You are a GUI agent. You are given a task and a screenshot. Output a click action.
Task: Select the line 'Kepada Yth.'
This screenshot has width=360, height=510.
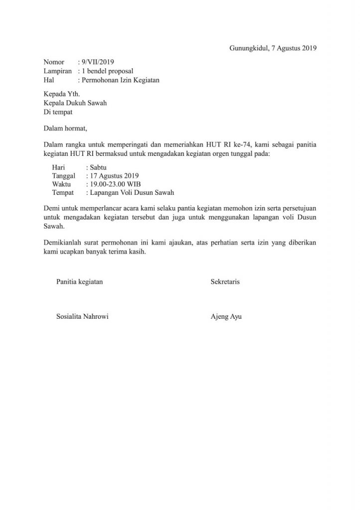click(x=61, y=94)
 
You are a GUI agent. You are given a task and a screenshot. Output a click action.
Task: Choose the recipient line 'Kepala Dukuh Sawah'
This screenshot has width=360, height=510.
click(x=75, y=103)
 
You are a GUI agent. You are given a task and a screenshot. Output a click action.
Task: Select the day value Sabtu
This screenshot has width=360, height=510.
click(x=95, y=167)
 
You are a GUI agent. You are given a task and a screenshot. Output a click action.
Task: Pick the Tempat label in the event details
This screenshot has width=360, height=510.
click(x=63, y=193)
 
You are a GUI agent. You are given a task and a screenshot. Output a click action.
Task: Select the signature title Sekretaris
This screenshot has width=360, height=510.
click(x=225, y=282)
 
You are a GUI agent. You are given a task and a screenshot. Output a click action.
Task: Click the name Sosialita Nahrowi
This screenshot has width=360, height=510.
click(x=83, y=317)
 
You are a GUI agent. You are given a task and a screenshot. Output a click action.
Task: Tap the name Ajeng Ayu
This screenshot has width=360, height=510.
click(x=226, y=317)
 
